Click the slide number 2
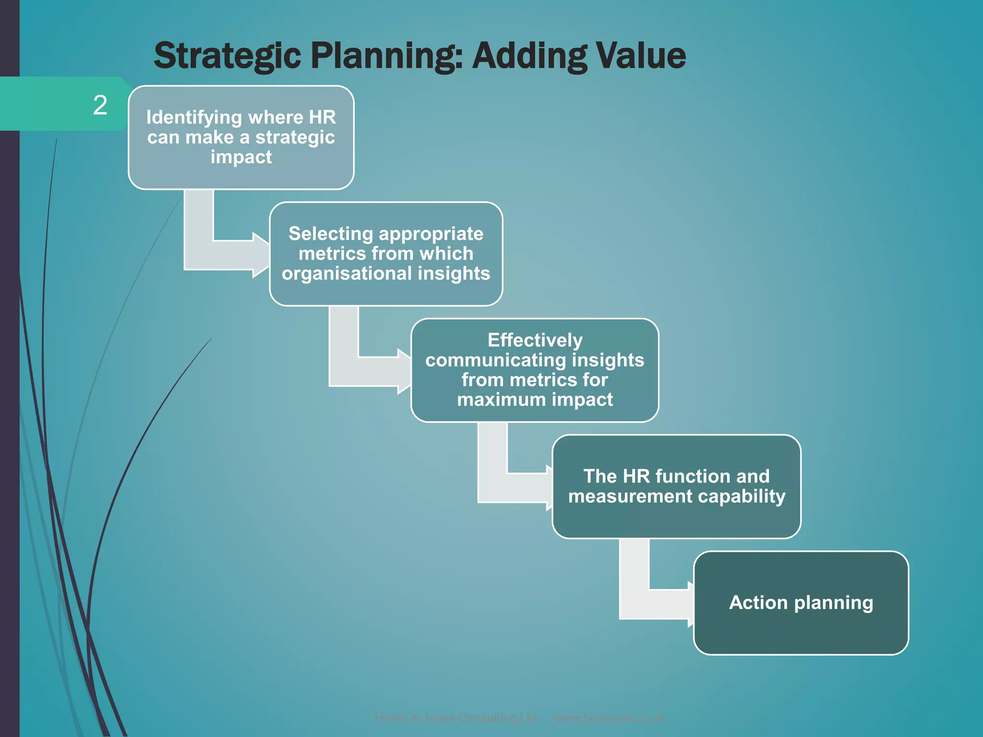pos(100,105)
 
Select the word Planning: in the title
pos(387,56)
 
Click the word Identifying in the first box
pos(194,118)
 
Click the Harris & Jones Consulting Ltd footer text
pos(455,718)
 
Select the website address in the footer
pos(609,718)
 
